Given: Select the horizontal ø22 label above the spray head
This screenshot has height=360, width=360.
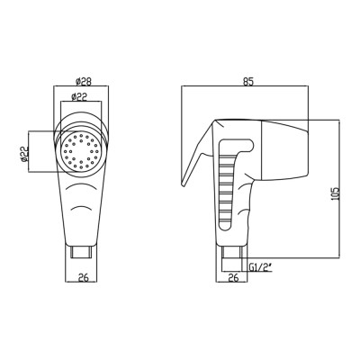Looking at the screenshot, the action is [79, 96].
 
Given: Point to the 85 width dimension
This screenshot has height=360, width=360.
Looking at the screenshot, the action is [248, 82].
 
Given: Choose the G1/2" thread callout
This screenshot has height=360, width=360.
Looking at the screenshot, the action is [260, 266].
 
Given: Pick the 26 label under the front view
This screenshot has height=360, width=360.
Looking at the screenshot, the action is [84, 278].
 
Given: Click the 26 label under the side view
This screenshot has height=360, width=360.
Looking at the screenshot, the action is [233, 278].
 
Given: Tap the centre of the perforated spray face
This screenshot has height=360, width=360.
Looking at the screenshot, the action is [81, 151].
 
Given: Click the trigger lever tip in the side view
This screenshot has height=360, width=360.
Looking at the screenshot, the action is [183, 184].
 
